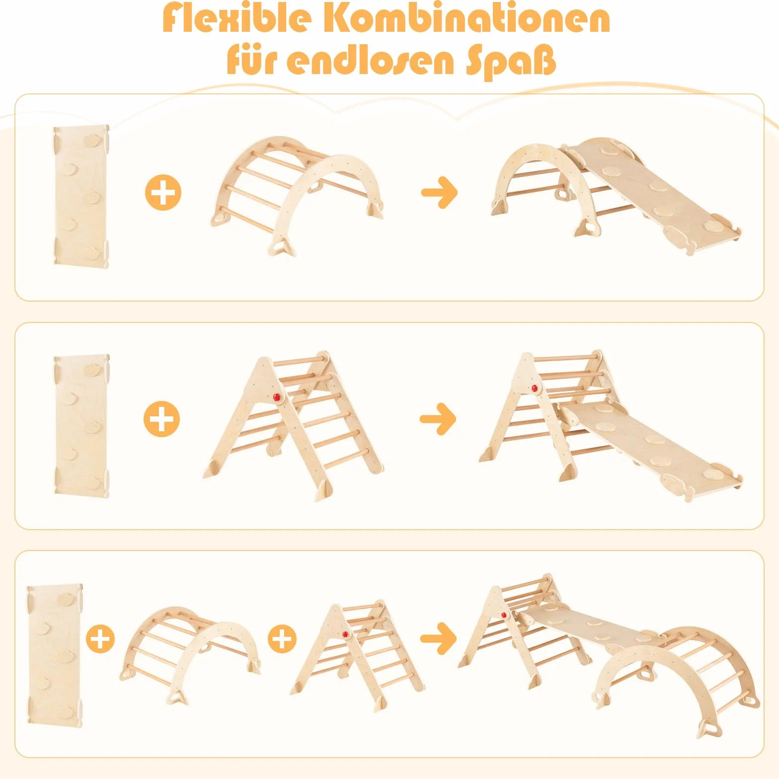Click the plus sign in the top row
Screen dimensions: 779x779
[x=163, y=192]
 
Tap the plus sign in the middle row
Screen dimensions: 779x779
[x=162, y=419]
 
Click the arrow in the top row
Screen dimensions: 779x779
[x=439, y=192]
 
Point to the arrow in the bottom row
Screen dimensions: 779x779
[x=439, y=638]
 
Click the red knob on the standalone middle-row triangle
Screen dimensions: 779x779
[x=277, y=397]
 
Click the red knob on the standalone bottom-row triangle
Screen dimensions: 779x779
[x=346, y=634]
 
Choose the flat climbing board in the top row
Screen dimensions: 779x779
[x=81, y=197]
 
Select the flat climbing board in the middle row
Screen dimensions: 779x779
[x=81, y=424]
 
